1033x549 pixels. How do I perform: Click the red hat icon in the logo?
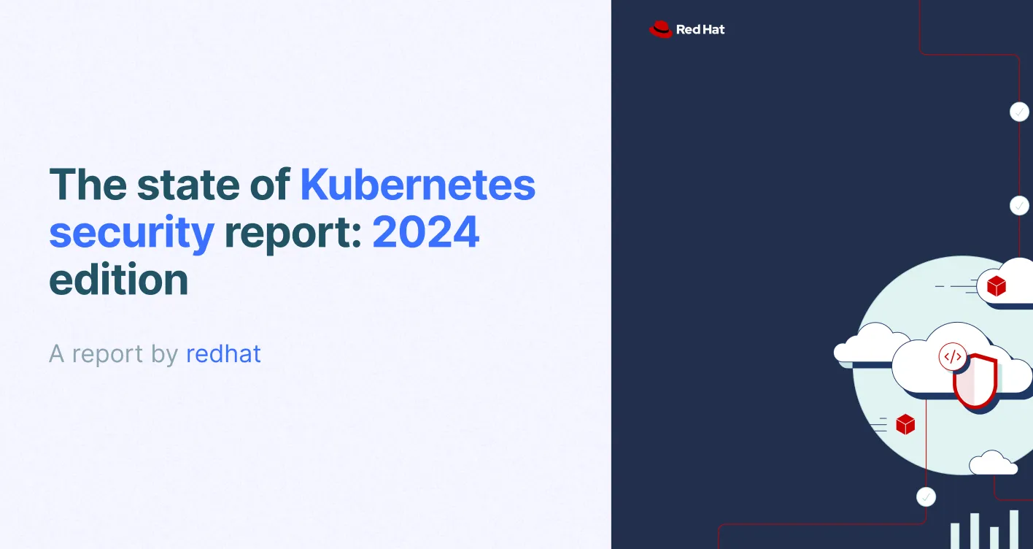tap(660, 29)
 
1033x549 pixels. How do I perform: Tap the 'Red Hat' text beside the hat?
tap(700, 30)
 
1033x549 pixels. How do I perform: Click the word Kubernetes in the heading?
tap(418, 185)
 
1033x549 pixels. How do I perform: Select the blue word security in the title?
tap(131, 233)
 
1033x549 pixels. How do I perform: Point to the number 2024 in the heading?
tap(426, 233)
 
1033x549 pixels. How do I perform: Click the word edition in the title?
tap(118, 280)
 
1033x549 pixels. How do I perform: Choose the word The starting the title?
tap(86, 185)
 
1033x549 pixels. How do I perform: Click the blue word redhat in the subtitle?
tap(223, 354)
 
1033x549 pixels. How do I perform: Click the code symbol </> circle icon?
tap(953, 357)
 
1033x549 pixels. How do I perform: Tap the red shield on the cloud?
tap(975, 380)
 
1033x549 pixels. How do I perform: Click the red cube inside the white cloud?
tap(996, 286)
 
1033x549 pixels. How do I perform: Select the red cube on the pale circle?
tap(905, 424)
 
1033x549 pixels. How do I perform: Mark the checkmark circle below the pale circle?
tap(926, 497)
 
